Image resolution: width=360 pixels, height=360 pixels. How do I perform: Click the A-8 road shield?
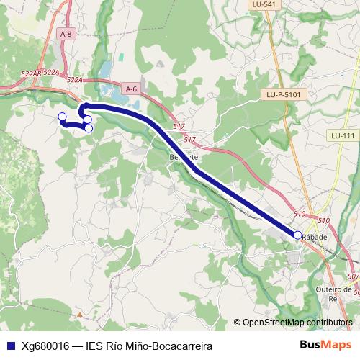[x=66, y=34]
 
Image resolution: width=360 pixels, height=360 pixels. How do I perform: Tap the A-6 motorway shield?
[x=130, y=89]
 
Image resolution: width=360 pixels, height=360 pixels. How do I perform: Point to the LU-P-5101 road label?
[x=282, y=94]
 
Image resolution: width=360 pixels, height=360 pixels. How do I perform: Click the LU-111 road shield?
[x=343, y=135]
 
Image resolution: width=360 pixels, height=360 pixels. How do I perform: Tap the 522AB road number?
[x=31, y=74]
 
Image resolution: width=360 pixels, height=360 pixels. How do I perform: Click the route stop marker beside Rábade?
[x=297, y=235]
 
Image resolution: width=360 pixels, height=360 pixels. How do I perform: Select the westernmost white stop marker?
[x=62, y=117]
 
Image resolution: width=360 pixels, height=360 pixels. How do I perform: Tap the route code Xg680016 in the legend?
[x=45, y=346]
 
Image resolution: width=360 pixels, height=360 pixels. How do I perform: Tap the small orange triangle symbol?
[x=81, y=314]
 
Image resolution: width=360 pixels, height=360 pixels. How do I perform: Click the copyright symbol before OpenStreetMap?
[x=237, y=323]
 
